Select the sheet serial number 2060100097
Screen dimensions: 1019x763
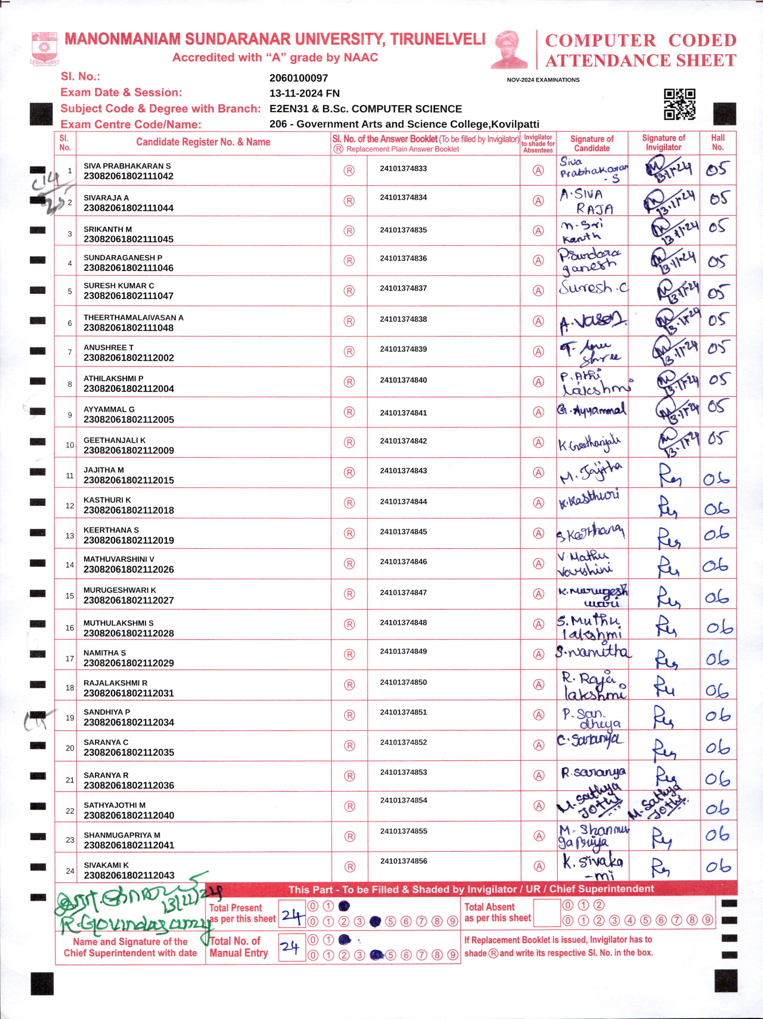(x=298, y=78)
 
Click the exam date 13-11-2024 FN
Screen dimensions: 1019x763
(x=304, y=94)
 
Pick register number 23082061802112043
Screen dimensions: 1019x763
(x=129, y=875)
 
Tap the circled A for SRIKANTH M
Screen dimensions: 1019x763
(x=538, y=231)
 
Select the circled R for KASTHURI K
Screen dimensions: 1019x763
(x=349, y=503)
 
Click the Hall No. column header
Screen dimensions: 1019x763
(x=717, y=143)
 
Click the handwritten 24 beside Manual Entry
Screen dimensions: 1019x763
(x=290, y=947)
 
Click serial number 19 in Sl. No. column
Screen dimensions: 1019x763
(x=69, y=718)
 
